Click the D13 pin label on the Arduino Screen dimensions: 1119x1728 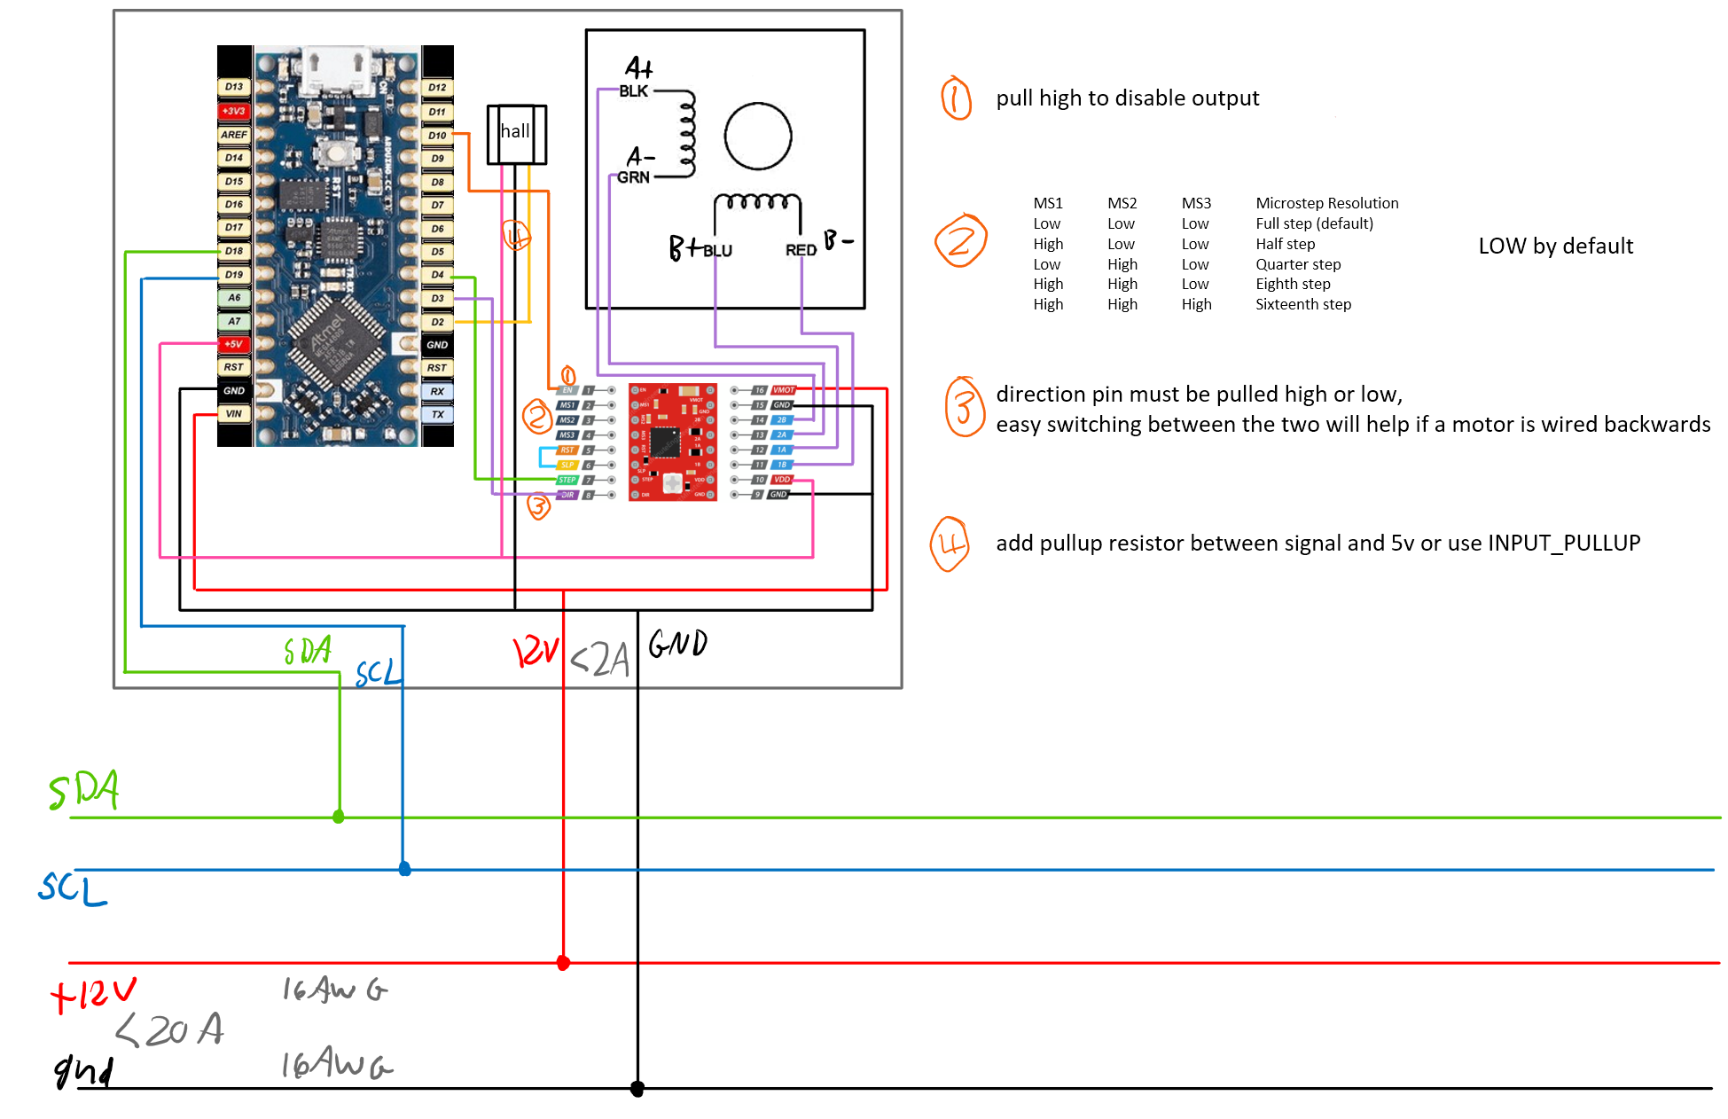(x=233, y=87)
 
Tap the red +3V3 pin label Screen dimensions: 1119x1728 (x=233, y=111)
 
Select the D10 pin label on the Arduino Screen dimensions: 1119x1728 (x=437, y=136)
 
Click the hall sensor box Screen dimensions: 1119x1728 (x=516, y=134)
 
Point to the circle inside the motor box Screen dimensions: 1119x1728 (x=757, y=137)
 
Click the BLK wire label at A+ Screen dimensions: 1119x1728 (x=633, y=91)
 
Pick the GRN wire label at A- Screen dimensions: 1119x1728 (x=633, y=177)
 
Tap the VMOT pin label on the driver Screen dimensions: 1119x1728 (x=784, y=390)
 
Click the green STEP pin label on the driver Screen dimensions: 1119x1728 (x=567, y=480)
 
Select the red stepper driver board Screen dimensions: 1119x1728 (x=672, y=442)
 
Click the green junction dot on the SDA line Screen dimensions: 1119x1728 (x=339, y=817)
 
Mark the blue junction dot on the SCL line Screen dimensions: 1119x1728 (x=404, y=869)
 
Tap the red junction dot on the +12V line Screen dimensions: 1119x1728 (x=563, y=963)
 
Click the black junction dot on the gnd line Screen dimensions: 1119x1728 (x=637, y=1088)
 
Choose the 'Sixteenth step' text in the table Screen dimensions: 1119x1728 (x=1302, y=304)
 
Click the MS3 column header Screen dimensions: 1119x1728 (x=1195, y=203)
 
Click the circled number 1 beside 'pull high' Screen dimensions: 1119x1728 (x=956, y=98)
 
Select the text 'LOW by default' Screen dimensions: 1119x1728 (x=1555, y=246)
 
